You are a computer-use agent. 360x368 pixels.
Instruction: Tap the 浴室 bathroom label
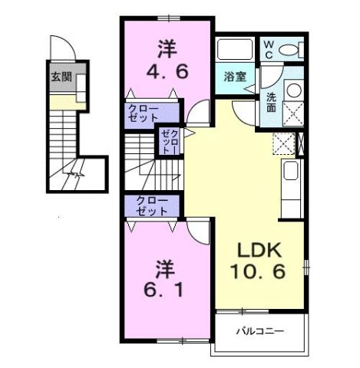[x=234, y=77]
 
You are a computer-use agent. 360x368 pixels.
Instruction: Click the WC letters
[x=269, y=50]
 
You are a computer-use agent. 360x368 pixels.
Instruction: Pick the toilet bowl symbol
[x=289, y=50]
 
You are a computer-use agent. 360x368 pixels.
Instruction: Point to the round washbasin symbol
[x=292, y=89]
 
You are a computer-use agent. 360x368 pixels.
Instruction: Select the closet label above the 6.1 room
[x=152, y=205]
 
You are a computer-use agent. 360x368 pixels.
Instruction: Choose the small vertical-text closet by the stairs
[x=169, y=143]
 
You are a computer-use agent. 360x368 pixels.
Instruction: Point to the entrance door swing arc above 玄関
[x=65, y=50]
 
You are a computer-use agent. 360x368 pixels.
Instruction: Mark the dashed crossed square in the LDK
[x=282, y=143]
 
